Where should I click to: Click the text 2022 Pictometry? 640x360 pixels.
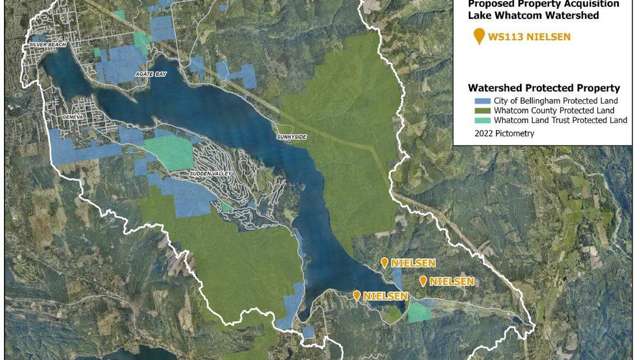[x=504, y=134]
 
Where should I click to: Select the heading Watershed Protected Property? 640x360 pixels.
[x=543, y=88]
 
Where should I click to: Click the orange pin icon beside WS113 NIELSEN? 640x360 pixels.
[x=479, y=37]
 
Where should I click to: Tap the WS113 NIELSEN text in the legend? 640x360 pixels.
[x=529, y=38]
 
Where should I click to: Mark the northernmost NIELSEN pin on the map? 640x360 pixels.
[x=385, y=262]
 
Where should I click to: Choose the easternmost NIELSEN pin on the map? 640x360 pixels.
[x=423, y=281]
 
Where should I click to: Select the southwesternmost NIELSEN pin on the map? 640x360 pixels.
[x=356, y=295]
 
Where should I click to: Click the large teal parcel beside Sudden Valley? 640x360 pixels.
[x=169, y=152]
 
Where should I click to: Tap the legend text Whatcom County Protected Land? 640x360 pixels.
[x=554, y=111]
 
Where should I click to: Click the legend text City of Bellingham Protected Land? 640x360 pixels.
[x=556, y=101]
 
